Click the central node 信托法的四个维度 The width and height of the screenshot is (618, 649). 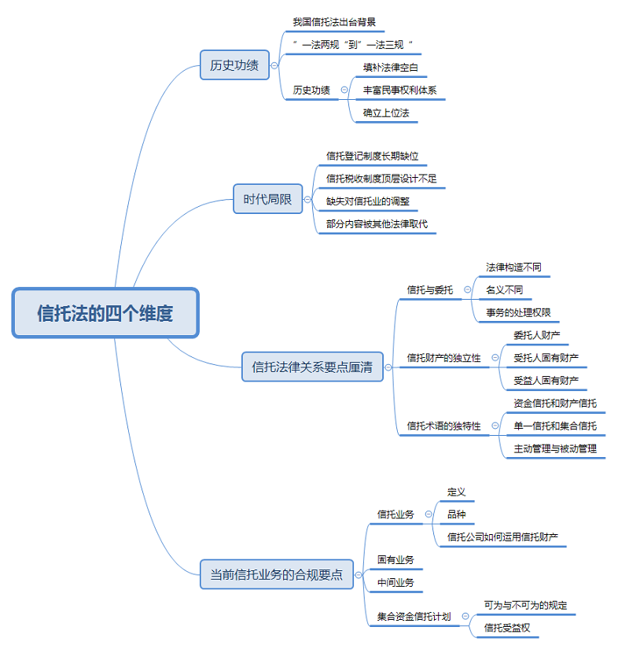coord(105,313)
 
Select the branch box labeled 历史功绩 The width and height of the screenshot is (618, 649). coord(234,65)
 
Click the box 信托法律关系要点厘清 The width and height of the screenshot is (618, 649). coord(312,367)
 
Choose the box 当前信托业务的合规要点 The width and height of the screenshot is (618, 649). coord(276,574)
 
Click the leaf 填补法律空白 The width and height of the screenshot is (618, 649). coord(391,67)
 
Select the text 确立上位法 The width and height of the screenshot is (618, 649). coord(386,112)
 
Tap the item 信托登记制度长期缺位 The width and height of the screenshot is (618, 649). coord(372,156)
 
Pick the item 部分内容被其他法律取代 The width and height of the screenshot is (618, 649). coord(377,223)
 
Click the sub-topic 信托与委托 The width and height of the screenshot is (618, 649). coord(430,289)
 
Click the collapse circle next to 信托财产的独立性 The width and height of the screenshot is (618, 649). coord(495,358)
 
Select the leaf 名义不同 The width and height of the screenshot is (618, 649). coord(504,289)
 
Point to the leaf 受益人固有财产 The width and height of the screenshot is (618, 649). coord(546,381)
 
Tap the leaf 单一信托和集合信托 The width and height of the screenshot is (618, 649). coord(555,426)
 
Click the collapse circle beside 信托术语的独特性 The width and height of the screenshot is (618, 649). coord(495,426)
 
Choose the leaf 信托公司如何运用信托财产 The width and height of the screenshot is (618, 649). coord(502,537)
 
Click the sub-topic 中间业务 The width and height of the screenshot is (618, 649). coord(395,582)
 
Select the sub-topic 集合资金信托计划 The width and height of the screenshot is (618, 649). coord(414,616)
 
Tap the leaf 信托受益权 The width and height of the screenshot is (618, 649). coord(507,627)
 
